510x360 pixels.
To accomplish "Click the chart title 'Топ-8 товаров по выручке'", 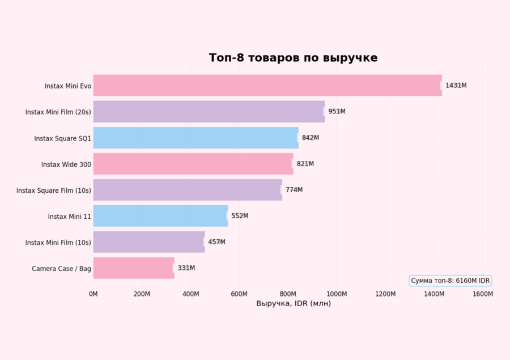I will coord(293,58).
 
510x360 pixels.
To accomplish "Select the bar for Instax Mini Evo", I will coord(267,86).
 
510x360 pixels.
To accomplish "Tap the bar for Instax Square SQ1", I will coord(195,138).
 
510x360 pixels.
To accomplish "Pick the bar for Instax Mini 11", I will coord(160,216).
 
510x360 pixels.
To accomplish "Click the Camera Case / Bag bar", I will coord(134,268).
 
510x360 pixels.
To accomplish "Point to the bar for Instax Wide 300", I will coord(193,164).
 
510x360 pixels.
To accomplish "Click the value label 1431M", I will coord(456,86).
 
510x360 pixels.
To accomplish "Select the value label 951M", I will coord(337,112).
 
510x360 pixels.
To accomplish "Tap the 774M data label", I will coord(294,190).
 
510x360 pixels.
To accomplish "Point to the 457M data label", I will coord(216,242).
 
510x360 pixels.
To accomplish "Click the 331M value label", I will coord(186,268).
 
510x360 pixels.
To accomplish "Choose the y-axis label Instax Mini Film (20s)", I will coord(58,112).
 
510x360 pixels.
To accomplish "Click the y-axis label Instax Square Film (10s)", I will coord(54,190).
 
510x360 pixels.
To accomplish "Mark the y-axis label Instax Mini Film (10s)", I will coord(58,243).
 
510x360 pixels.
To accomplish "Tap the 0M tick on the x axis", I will coord(93,294).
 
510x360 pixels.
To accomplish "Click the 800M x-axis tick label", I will coord(288,294).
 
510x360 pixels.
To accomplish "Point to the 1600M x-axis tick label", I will coord(482,294).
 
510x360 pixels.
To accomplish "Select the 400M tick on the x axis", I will coord(191,294).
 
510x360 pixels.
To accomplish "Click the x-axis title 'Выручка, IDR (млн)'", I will coord(293,303).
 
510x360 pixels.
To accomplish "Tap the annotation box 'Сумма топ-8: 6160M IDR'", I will coord(450,281).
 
